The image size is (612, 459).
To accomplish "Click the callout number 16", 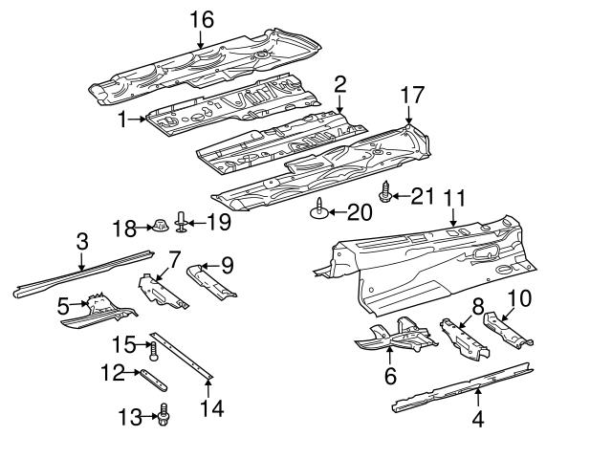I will point(202,19).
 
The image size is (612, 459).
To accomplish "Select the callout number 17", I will point(411,96).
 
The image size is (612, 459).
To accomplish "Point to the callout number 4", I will point(477,417).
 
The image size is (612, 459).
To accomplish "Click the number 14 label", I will point(212,408).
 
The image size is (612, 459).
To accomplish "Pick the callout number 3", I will point(82,241).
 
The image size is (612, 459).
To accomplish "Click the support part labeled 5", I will point(99,310).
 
